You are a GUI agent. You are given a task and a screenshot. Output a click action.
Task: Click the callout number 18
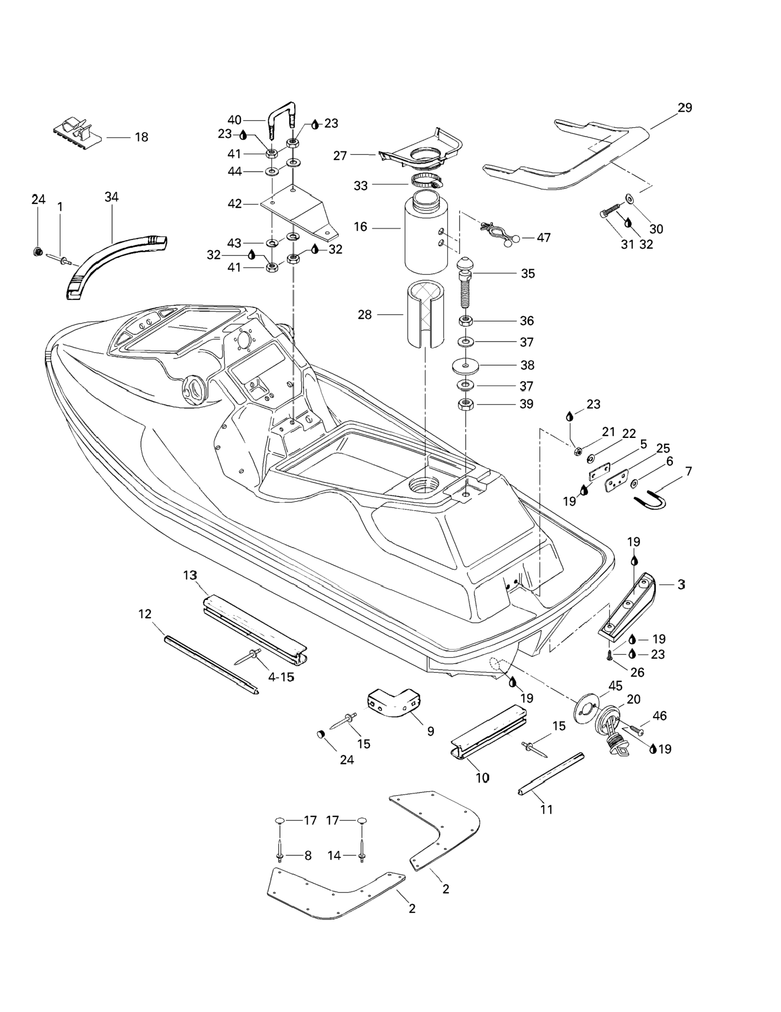pyautogui.click(x=141, y=137)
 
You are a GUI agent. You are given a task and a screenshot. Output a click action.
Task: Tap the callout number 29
pyautogui.click(x=685, y=108)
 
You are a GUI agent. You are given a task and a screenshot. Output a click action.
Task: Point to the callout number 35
pyautogui.click(x=528, y=274)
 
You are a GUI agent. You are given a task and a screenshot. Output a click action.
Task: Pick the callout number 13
pyautogui.click(x=190, y=575)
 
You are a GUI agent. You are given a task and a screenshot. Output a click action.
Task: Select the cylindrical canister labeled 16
pyautogui.click(x=426, y=236)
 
